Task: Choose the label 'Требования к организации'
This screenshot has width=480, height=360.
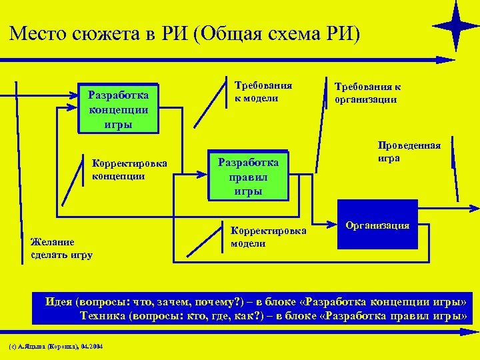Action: pos(367,93)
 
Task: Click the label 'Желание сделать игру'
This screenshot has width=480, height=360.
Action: pos(61,248)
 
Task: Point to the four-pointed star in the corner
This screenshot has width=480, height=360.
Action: pos(455,26)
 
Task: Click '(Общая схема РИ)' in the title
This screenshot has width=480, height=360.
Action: pos(276,33)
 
